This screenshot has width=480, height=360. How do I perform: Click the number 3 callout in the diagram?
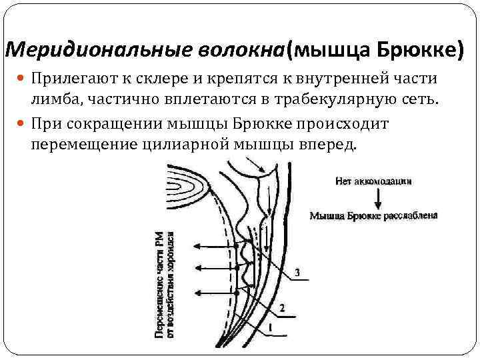[297, 272]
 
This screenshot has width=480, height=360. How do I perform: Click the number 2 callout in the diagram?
[282, 308]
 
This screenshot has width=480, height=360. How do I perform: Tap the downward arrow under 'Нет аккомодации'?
[377, 197]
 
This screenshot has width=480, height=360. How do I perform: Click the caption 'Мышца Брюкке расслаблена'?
[373, 215]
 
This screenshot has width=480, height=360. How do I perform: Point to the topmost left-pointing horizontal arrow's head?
[197, 245]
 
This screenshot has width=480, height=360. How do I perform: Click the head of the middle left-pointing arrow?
[197, 268]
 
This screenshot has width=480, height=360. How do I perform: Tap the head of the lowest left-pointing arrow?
[197, 291]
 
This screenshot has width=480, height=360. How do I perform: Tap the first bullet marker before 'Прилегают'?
[22, 79]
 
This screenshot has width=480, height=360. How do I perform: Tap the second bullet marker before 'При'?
[22, 125]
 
